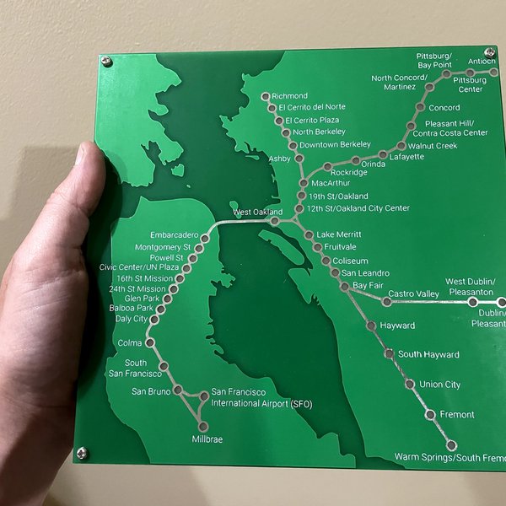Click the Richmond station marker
pyautogui.click(x=265, y=96)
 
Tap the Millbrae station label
pyautogui.click(x=207, y=440)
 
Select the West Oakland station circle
pyautogui.click(x=274, y=221)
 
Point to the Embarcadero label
pyautogui.click(x=175, y=234)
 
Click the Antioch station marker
pyautogui.click(x=494, y=73)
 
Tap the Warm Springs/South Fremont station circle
pyautogui.click(x=452, y=445)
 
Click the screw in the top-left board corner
pyautogui.click(x=107, y=62)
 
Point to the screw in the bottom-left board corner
pyautogui.click(x=82, y=453)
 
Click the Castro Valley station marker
pyautogui.click(x=387, y=301)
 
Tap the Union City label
pyautogui.click(x=440, y=385)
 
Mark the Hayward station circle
pyautogui.click(x=371, y=326)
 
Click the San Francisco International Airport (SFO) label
pyautogui.click(x=261, y=398)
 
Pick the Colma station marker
pyautogui.click(x=150, y=343)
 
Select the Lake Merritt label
pyautogui.click(x=338, y=234)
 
